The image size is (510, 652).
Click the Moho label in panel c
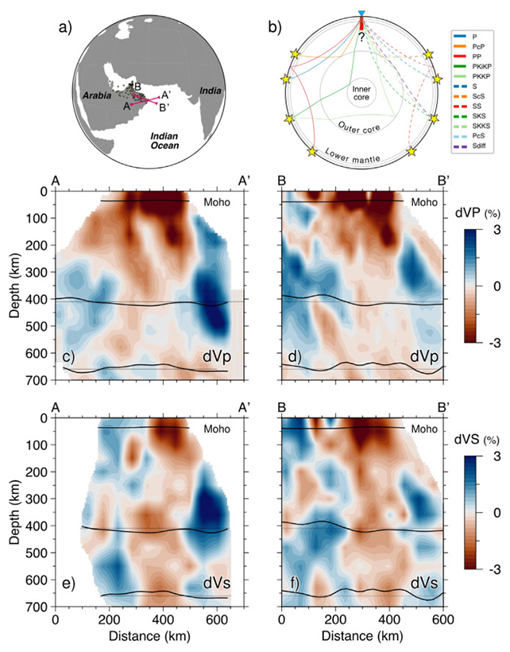[x=217, y=203]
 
